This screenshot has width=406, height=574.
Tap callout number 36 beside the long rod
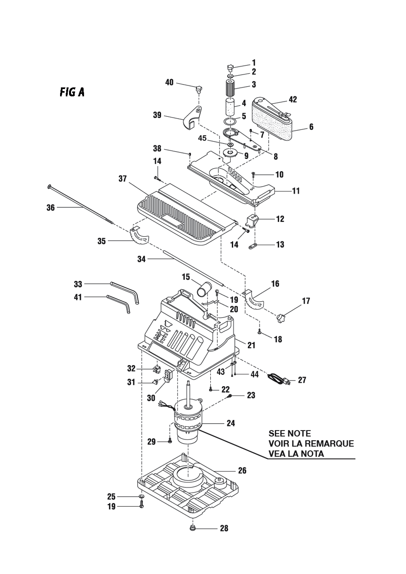pos(50,208)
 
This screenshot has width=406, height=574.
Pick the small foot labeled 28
pos(192,528)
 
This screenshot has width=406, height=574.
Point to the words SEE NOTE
pos(289,433)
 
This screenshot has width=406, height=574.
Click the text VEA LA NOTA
pos(296,454)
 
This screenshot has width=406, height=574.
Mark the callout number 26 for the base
pos(242,471)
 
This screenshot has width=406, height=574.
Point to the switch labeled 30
pos(167,375)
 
